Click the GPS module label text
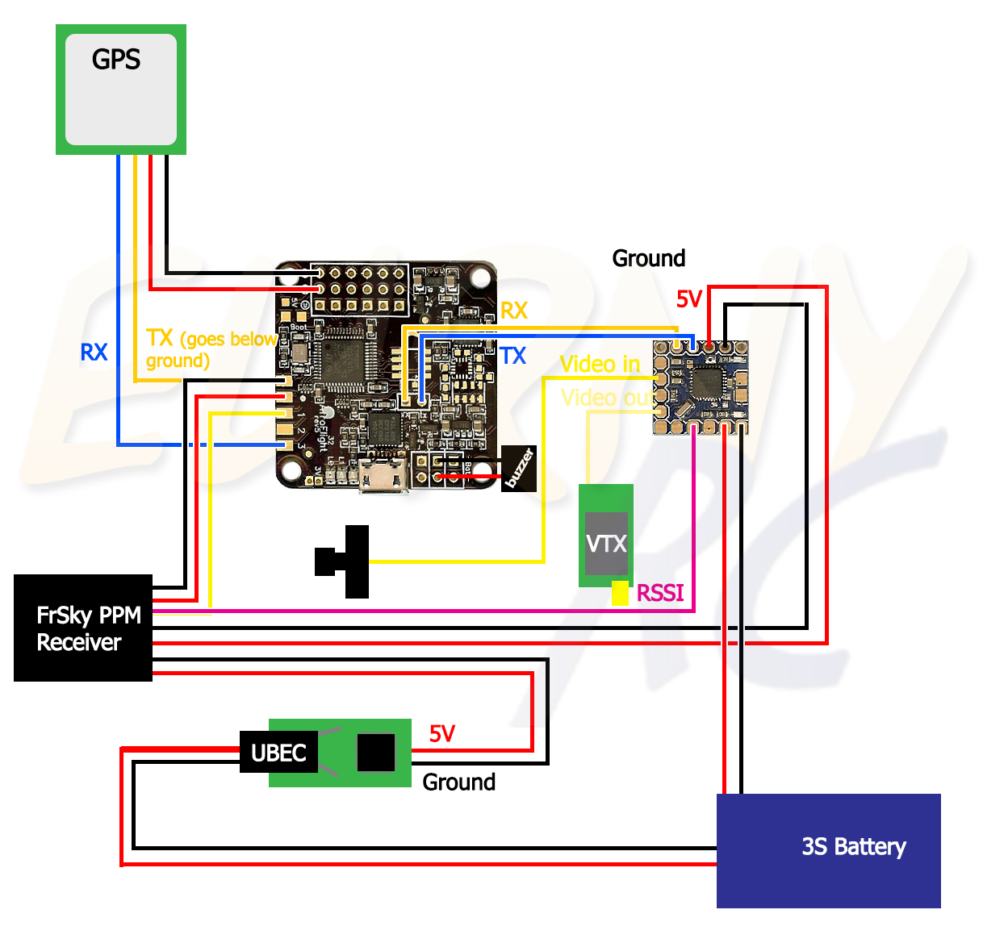[x=116, y=60]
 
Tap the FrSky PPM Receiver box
[x=83, y=628]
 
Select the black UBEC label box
[x=278, y=753]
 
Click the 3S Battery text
[x=853, y=846]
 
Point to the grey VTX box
[x=606, y=544]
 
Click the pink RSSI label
[x=659, y=593]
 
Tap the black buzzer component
[x=519, y=468]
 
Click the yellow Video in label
[x=600, y=364]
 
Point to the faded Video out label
[x=607, y=398]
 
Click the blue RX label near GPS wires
[x=94, y=353]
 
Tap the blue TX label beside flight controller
[x=512, y=356]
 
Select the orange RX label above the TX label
[x=514, y=311]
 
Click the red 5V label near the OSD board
[x=688, y=300]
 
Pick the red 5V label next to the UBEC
[x=442, y=733]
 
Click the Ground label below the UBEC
[x=458, y=782]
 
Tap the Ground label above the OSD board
[x=648, y=258]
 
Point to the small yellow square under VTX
[x=620, y=593]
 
